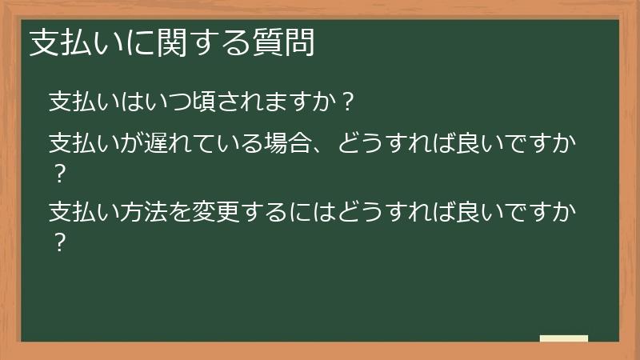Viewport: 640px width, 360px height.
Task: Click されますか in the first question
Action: pyautogui.click(x=276, y=102)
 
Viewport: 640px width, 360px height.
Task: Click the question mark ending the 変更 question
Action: pyautogui.click(x=57, y=242)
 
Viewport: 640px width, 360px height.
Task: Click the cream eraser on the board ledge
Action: pyautogui.click(x=564, y=338)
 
